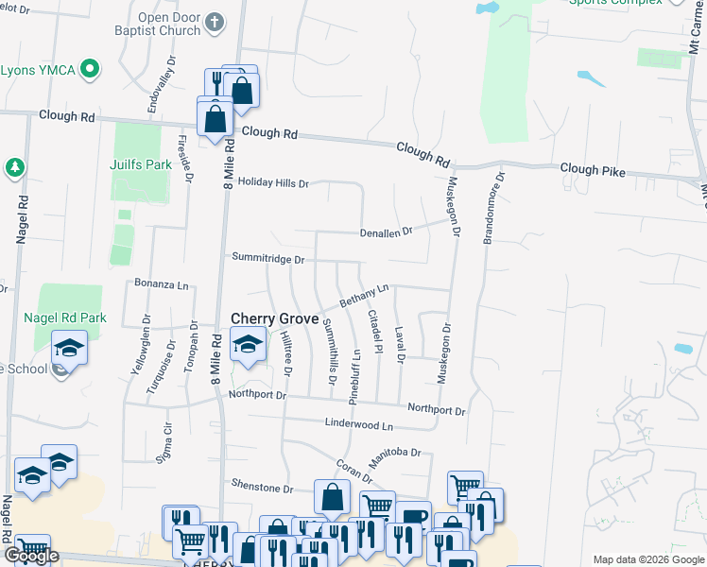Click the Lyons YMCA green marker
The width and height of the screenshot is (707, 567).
point(90,69)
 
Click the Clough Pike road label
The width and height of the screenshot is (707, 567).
point(593,169)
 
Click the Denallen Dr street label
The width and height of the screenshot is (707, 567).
point(386,232)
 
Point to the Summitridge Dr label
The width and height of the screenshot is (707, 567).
point(268,258)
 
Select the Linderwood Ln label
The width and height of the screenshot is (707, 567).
point(358,425)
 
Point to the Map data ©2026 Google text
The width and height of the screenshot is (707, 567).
point(647,559)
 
